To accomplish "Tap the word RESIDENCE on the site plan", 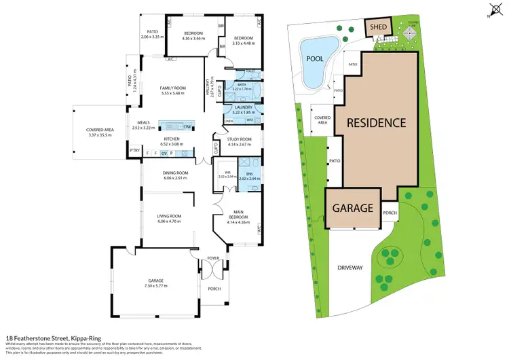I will click(x=377, y=123).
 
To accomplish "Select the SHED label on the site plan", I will click(x=378, y=28).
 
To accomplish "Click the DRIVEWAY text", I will click(x=350, y=268).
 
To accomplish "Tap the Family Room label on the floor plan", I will click(x=173, y=88).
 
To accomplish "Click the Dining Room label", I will click(x=171, y=173).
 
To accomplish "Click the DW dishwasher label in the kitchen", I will click(x=186, y=126).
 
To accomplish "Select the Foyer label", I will click(x=214, y=257).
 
